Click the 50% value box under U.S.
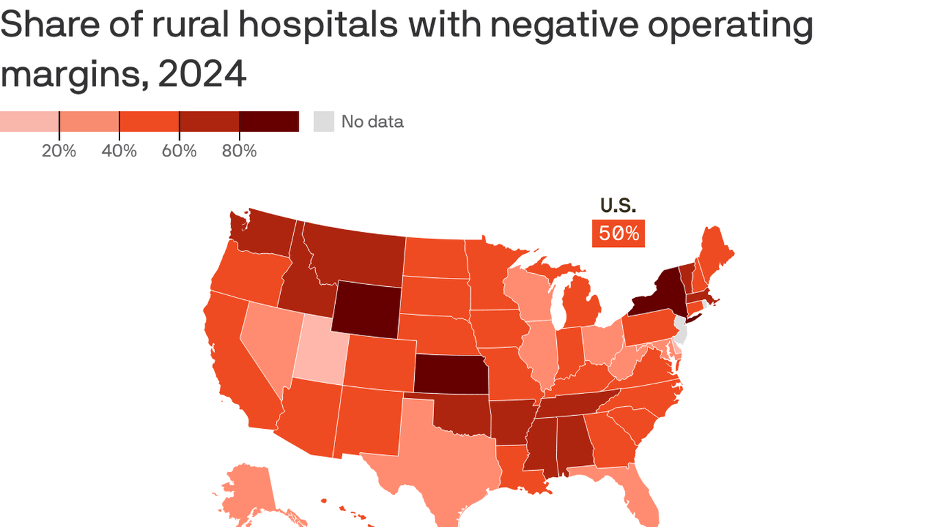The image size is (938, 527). (x=618, y=233)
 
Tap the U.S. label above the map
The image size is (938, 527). (x=618, y=205)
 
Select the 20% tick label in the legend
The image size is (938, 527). (x=58, y=151)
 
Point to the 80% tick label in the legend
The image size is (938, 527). (x=239, y=151)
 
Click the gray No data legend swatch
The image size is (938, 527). (x=323, y=121)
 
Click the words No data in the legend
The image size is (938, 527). (x=372, y=122)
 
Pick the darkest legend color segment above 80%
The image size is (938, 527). (x=268, y=121)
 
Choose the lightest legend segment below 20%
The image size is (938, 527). (x=29, y=121)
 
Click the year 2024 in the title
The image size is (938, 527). (x=202, y=74)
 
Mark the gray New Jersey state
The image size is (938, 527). (x=680, y=330)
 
